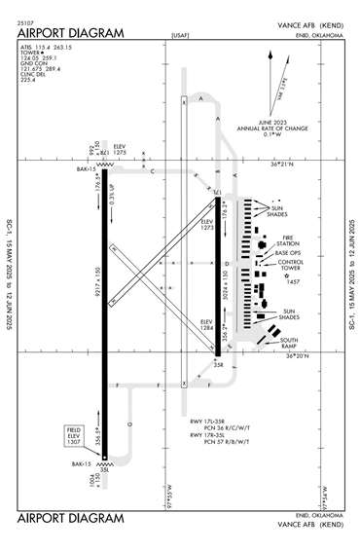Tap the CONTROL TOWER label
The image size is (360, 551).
pyautogui.click(x=292, y=265)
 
